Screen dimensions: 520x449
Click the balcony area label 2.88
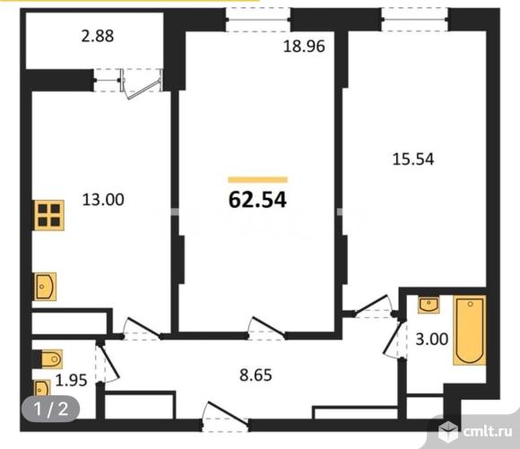[98, 36]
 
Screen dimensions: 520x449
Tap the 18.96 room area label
[304, 46]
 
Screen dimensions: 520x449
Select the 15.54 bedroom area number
[413, 160]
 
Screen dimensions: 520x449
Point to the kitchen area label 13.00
[103, 200]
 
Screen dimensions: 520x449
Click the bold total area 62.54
[257, 200]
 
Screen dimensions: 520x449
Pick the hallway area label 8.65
[256, 376]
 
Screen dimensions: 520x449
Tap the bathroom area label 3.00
[432, 340]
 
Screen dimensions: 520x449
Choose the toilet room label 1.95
[71, 380]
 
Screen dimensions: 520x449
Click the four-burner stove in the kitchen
[49, 215]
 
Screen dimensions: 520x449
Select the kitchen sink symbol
[45, 287]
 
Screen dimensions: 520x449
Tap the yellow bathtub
[469, 331]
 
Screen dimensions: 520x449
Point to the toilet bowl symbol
[48, 358]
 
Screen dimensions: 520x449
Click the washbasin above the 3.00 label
[429, 305]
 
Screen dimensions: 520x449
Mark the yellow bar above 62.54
[257, 180]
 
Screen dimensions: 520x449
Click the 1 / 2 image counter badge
[51, 409]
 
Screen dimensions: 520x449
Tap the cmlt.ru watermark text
[488, 432]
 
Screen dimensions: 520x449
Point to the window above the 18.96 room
[258, 20]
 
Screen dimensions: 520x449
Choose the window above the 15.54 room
[414, 20]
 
